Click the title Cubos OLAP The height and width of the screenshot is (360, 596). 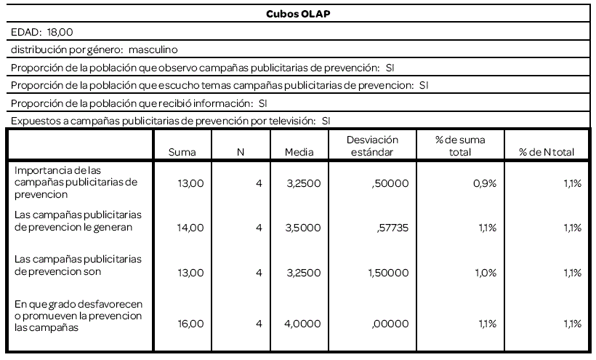pyautogui.click(x=298, y=13)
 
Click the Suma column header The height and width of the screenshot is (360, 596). pyautogui.click(x=182, y=153)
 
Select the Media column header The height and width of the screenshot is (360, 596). pyautogui.click(x=299, y=153)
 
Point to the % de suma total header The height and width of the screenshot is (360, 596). pyautogui.click(x=460, y=145)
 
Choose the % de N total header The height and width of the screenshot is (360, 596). pyautogui.click(x=546, y=153)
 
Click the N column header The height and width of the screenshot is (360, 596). pyautogui.click(x=240, y=153)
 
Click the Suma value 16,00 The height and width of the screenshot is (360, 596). pyautogui.click(x=191, y=317)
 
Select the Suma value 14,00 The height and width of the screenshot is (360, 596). pyautogui.click(x=191, y=228)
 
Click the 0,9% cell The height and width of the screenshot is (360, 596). pyautogui.click(x=486, y=183)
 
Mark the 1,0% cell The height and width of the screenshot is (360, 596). pyautogui.click(x=486, y=273)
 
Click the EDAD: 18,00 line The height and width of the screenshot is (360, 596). pyautogui.click(x=42, y=32)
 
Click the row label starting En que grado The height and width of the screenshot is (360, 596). pyautogui.click(x=78, y=317)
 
